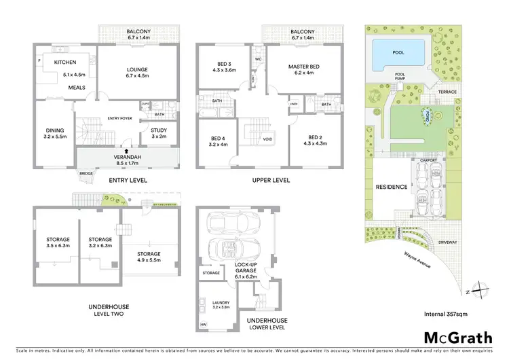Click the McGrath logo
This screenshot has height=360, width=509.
pos(455,338)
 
